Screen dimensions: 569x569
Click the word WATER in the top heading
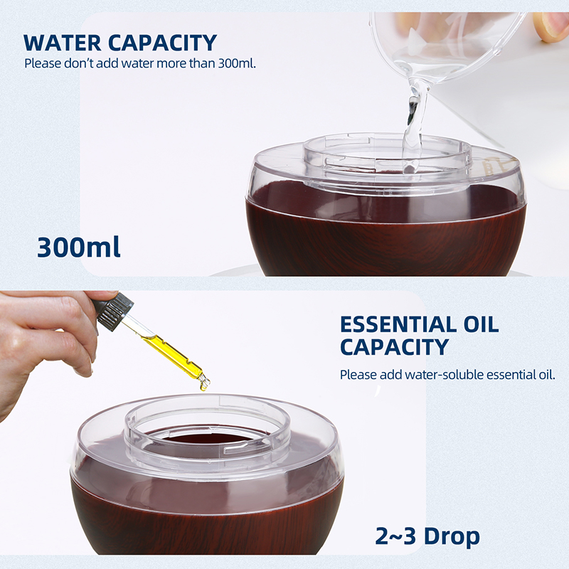63,43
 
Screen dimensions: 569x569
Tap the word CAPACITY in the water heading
163,43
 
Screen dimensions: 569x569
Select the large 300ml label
79,247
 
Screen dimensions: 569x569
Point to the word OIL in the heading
481,324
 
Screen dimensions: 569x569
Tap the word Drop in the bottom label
452,537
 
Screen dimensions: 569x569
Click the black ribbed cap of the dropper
113,312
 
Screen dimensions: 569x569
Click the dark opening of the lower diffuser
207,437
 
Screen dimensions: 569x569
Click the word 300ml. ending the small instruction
237,63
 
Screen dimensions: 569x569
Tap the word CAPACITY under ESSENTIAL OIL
395,347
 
